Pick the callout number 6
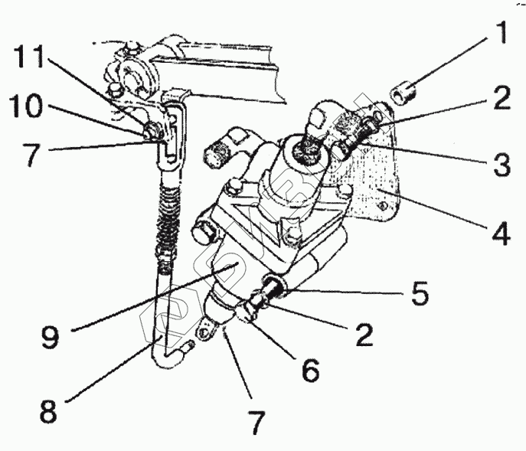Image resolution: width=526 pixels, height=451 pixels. click(310, 371)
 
